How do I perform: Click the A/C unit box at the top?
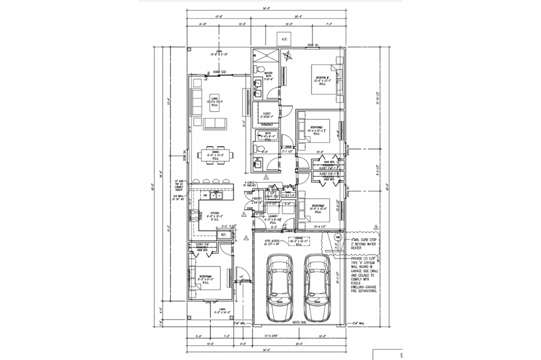click(x=284, y=39)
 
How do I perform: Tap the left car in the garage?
click(x=280, y=286)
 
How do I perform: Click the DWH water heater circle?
click(x=338, y=237)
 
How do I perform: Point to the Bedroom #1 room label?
click(x=321, y=81)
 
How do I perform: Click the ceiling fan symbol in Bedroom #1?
click(x=289, y=54)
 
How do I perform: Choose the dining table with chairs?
click(x=215, y=155)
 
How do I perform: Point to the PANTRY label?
click(x=257, y=199)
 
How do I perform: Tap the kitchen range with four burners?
click(x=194, y=216)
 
